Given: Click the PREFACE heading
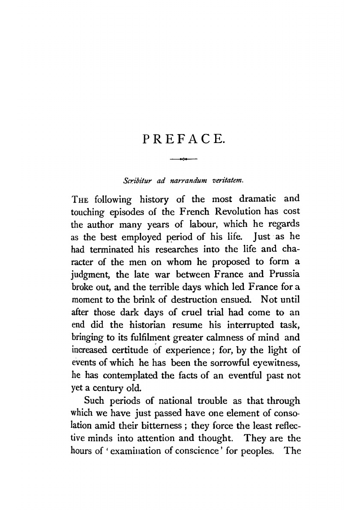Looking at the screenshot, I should [x=183, y=139].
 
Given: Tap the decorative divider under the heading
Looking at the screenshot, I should [x=183, y=160].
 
